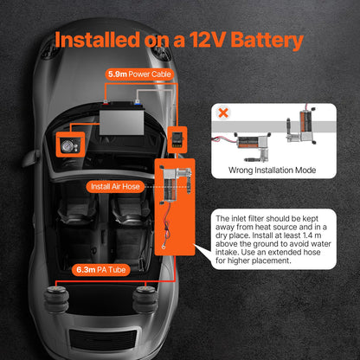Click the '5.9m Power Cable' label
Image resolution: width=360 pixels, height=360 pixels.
[x=139, y=74]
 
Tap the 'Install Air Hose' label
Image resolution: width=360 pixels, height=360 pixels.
[x=115, y=187]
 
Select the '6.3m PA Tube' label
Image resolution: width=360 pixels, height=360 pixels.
[x=101, y=270]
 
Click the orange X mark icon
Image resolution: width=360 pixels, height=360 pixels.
[x=223, y=112]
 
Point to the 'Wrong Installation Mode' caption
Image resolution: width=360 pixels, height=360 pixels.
[x=272, y=170]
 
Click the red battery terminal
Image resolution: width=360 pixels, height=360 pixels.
[x=106, y=101]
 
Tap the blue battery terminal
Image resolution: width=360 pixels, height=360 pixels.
[x=138, y=101]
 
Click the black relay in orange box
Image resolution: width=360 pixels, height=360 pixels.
[x=177, y=140]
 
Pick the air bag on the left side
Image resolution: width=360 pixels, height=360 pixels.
[x=56, y=299]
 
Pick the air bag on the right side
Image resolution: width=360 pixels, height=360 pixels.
[x=145, y=299]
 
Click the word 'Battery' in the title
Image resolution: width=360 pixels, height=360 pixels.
[x=267, y=40]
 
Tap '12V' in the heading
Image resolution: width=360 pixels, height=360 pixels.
[x=207, y=40]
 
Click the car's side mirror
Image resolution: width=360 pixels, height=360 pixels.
[x=31, y=157]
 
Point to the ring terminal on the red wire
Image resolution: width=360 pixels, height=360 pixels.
[x=164, y=247]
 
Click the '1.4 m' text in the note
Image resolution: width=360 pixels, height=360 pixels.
[x=312, y=235]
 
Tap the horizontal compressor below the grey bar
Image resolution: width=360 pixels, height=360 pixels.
[x=253, y=145]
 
